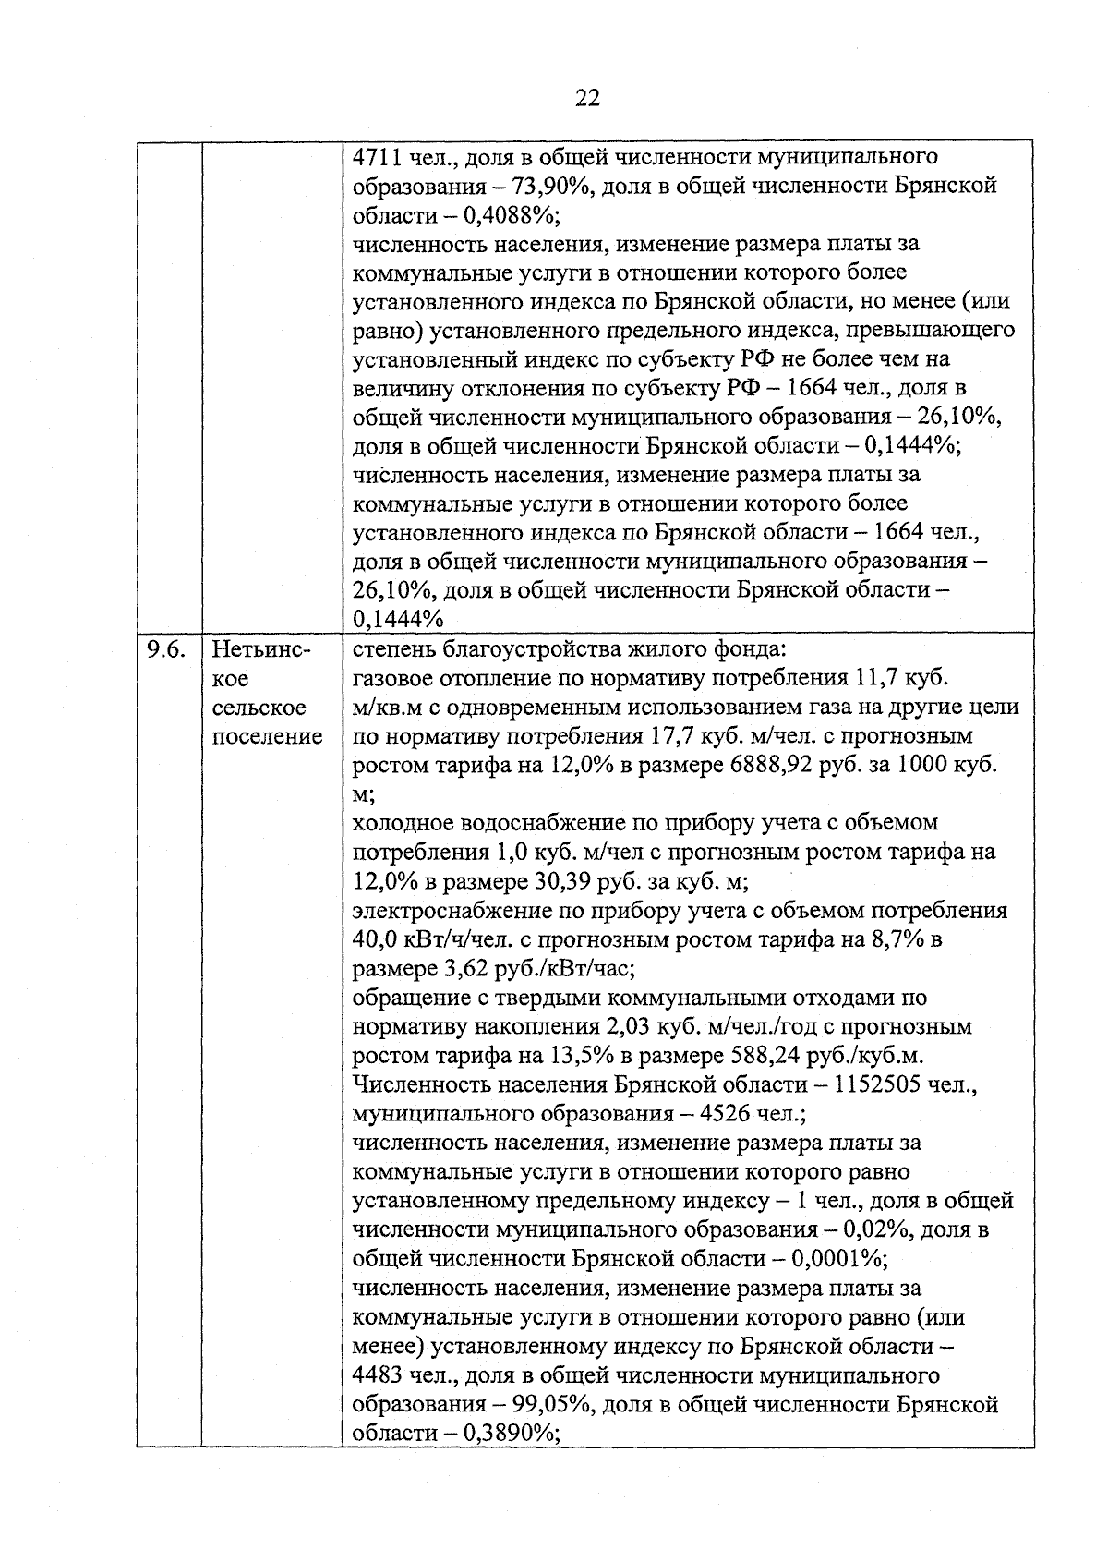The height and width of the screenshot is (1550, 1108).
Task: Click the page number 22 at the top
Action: click(587, 98)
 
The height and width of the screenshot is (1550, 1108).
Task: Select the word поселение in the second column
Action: click(268, 736)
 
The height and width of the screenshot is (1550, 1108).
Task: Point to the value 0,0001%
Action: click(837, 1259)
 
